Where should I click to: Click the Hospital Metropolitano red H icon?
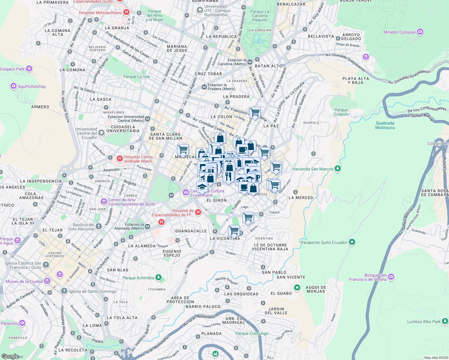pyautogui.click(x=126, y=12)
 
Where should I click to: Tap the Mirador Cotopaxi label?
pyautogui.click(x=400, y=32)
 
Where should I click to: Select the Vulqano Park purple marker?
pyautogui.click(x=29, y=69)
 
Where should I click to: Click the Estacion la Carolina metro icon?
pyautogui.click(x=250, y=62)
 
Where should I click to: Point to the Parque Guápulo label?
pyautogui.click(x=341, y=112)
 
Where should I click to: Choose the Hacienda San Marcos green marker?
pyautogui.click(x=338, y=169)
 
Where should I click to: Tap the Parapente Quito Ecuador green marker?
pyautogui.click(x=352, y=242)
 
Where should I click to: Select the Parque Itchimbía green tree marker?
pyautogui.click(x=158, y=277)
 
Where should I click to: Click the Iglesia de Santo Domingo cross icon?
pyautogui.click(x=64, y=291)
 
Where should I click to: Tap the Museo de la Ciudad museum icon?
pyautogui.click(x=47, y=281)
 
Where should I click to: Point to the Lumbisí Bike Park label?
pyautogui.click(x=424, y=322)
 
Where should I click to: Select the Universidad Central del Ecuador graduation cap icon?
pyautogui.click(x=101, y=133)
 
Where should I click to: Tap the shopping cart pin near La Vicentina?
pyautogui.click(x=234, y=230)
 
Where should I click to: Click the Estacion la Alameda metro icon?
pyautogui.click(x=147, y=226)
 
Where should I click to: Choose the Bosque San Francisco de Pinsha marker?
pyautogui.click(x=391, y=277)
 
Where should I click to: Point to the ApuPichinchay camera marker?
pyautogui.click(x=13, y=86)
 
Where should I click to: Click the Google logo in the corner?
pyautogui.click(x=10, y=356)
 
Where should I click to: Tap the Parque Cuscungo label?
pyautogui.click(x=252, y=333)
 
